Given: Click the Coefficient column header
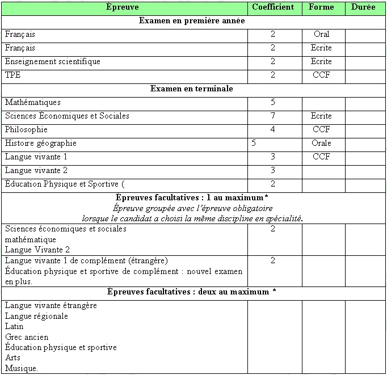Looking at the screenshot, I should tap(273, 7).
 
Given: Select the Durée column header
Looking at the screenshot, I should tap(363, 7).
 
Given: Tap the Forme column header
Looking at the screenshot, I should tap(321, 7).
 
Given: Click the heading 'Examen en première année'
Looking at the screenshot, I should tap(192, 21).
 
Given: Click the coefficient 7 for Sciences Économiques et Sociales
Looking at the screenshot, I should tap(273, 116).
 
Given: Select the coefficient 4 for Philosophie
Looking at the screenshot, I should tap(273, 130).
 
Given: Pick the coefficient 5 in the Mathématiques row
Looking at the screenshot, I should tap(273, 103).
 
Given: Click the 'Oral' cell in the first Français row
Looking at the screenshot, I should tap(321, 35).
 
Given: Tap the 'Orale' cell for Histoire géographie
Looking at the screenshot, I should tap(321, 144).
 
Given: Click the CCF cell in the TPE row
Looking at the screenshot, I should tap(321, 75).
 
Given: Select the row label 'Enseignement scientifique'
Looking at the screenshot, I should tap(53, 62).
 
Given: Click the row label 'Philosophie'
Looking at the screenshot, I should tap(26, 130).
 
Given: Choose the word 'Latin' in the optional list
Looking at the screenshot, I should tap(14, 327).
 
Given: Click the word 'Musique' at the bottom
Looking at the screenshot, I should tap(21, 369).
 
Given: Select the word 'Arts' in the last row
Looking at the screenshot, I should tap(12, 358).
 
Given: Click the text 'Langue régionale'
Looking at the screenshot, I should tap(36, 317).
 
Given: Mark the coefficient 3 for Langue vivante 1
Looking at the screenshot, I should tap(273, 157).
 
